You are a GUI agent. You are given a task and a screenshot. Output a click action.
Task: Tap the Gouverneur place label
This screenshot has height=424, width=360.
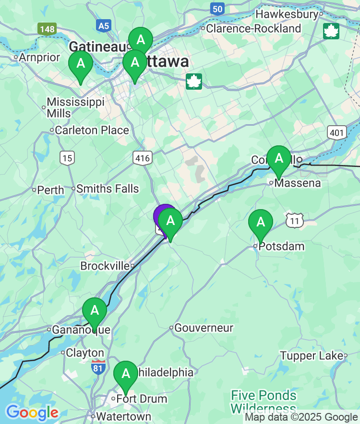[204, 328]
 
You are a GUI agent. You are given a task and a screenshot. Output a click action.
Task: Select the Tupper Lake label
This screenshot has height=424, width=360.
[312, 356]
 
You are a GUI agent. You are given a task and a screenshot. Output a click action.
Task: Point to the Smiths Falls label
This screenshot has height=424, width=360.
[108, 189]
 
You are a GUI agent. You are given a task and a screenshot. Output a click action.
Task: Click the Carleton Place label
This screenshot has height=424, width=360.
[92, 130]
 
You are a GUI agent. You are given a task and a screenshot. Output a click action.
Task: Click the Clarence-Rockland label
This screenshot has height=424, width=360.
[253, 29]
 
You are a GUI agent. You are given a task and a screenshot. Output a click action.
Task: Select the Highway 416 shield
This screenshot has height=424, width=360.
[143, 158]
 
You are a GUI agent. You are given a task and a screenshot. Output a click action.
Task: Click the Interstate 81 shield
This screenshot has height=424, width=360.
[98, 367]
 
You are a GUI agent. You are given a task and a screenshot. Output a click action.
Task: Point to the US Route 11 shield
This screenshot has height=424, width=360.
[294, 220]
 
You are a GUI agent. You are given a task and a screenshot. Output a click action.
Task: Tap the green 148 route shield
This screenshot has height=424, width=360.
[48, 29]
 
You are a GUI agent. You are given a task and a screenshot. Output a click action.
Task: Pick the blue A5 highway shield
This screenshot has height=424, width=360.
[103, 25]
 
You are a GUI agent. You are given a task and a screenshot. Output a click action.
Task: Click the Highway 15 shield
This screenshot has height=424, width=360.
[67, 157]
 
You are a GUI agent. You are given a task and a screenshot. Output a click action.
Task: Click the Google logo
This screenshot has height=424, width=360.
[32, 412]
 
